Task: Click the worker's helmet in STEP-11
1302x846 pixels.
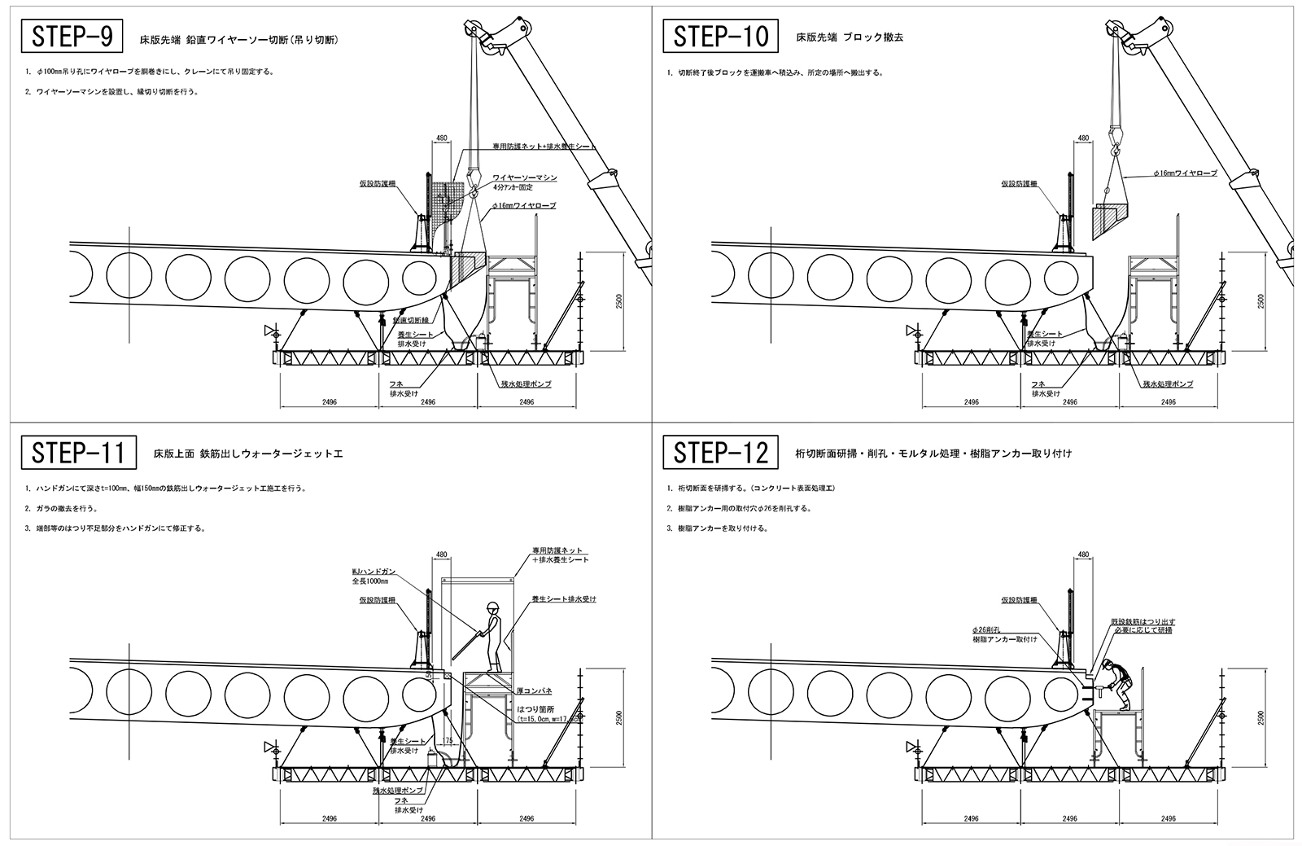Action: pyautogui.click(x=492, y=606)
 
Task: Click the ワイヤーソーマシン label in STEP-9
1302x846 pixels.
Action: pyautogui.click(x=524, y=177)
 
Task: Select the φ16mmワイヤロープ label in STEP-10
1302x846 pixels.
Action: pyautogui.click(x=1185, y=173)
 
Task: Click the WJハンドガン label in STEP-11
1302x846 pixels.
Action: pyautogui.click(x=374, y=572)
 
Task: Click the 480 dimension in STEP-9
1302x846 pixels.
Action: pyautogui.click(x=442, y=139)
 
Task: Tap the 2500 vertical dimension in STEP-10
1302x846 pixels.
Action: pyautogui.click(x=1259, y=300)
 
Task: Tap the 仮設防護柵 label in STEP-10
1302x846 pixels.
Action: pyautogui.click(x=1020, y=184)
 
